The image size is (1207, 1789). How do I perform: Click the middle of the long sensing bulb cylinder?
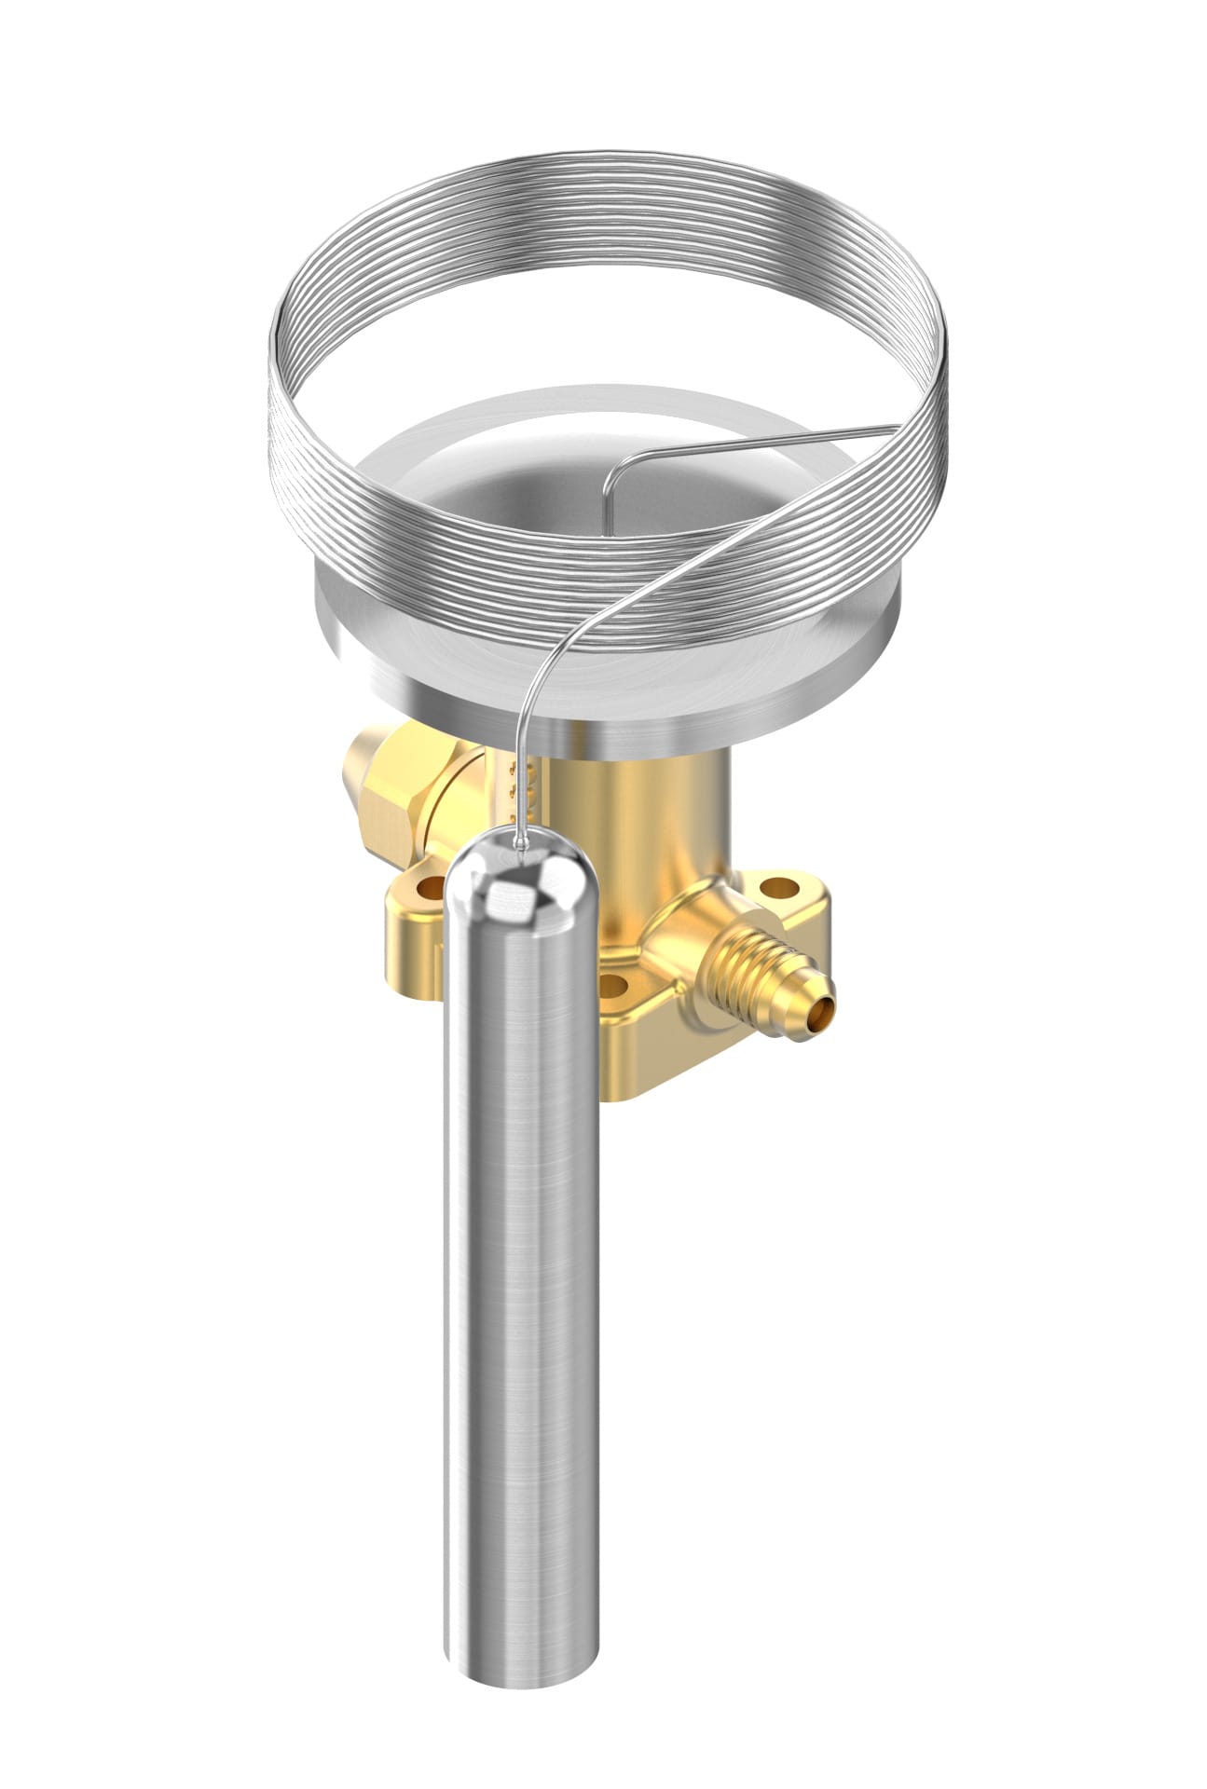tap(522, 1258)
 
